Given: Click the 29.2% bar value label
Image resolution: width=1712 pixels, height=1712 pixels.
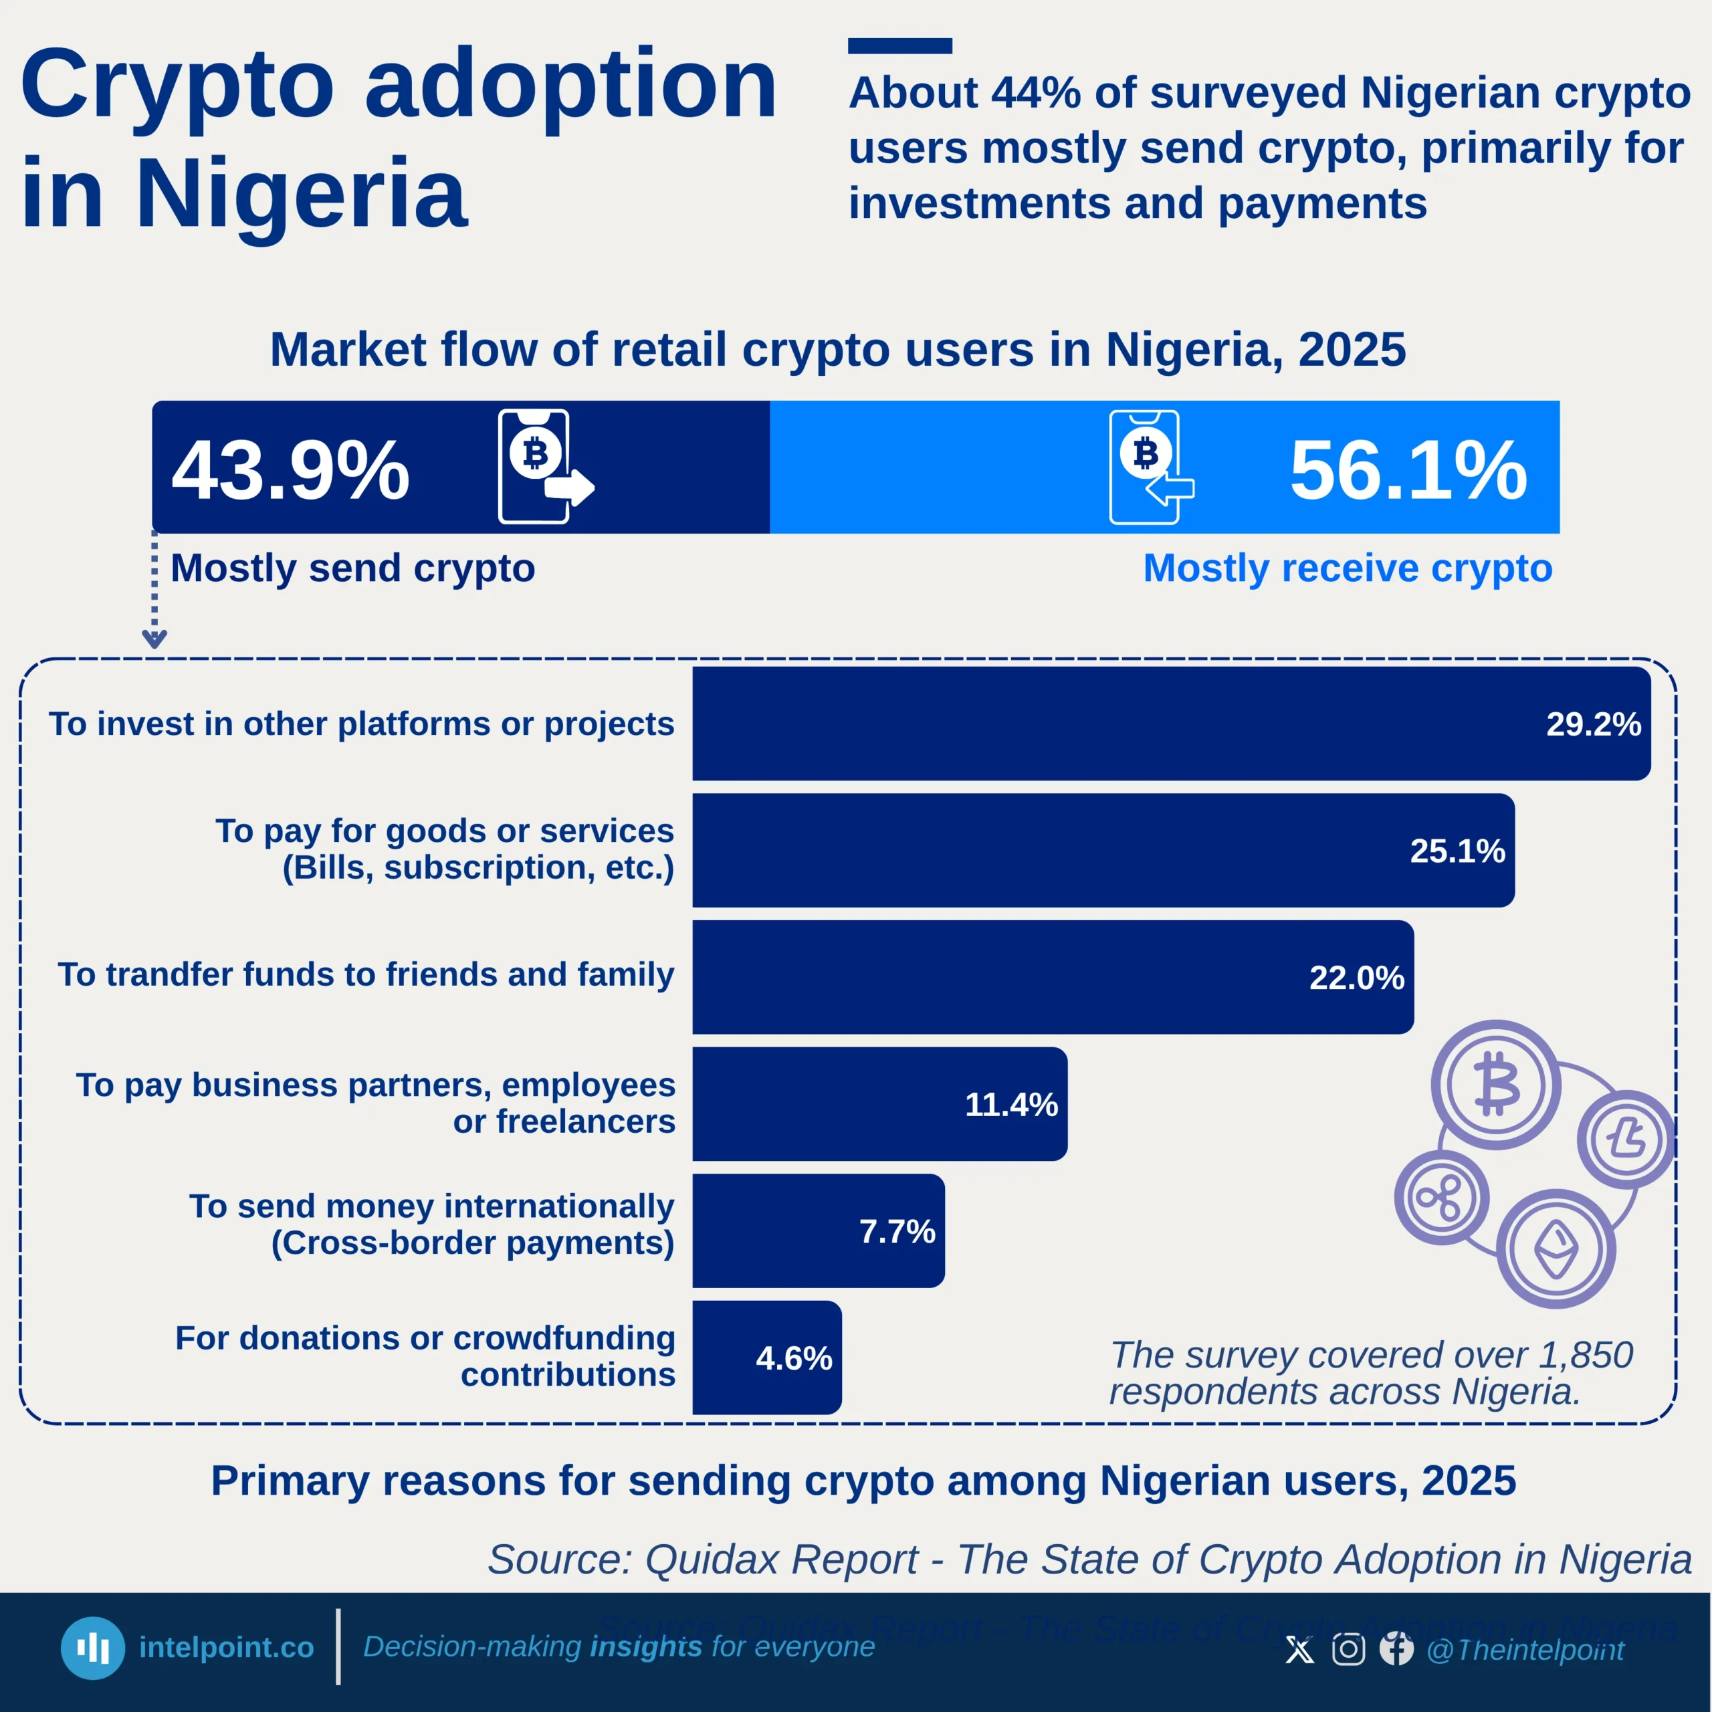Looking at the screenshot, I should [x=1593, y=724].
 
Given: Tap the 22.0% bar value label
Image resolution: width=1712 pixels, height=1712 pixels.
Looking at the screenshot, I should [x=1357, y=978].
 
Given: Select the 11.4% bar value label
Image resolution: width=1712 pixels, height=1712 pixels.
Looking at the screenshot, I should [x=1011, y=1104].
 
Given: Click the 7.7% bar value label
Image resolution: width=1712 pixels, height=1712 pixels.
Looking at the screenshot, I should [x=897, y=1230].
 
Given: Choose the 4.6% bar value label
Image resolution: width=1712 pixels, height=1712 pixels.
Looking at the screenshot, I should [x=794, y=1358].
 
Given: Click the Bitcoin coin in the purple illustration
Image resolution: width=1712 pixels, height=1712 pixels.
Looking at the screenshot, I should [x=1497, y=1085].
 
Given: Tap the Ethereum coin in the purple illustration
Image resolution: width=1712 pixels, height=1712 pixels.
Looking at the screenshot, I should [x=1556, y=1249].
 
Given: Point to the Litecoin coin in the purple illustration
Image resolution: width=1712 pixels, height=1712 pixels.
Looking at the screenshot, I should [x=1626, y=1139].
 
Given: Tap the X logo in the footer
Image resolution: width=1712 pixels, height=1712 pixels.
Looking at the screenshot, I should [x=1300, y=1650].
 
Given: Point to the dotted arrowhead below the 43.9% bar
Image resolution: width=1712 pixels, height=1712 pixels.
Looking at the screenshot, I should [x=154, y=638].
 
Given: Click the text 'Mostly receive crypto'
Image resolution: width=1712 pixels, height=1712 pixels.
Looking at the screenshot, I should [x=1348, y=568].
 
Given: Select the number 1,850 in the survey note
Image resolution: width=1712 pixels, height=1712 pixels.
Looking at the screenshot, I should [x=1586, y=1355].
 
